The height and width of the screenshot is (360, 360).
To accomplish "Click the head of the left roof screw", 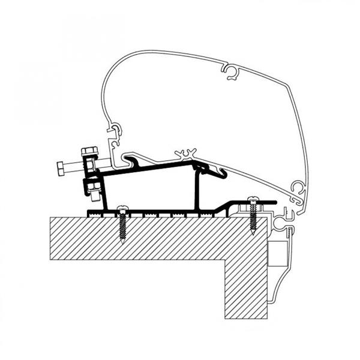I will click(123, 208).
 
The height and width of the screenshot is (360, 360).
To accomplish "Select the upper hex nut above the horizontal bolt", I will click(89, 149).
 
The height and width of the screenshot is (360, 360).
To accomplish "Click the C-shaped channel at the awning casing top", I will click(231, 73).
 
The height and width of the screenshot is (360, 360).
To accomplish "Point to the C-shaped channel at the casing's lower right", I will click(296, 190).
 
